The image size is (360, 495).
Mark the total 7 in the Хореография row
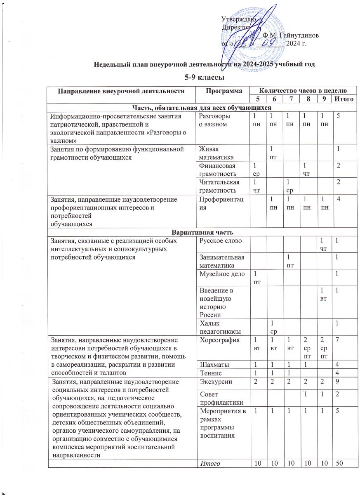[x=338, y=341]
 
